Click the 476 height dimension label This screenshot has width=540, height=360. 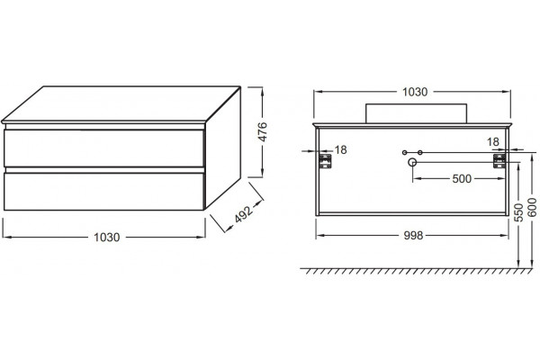click(x=263, y=132)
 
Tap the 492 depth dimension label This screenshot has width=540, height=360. click(x=244, y=214)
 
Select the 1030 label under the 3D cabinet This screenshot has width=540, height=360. click(x=107, y=238)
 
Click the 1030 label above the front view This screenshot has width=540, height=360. click(x=415, y=92)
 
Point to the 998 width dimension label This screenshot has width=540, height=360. click(x=413, y=236)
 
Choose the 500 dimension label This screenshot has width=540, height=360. click(x=462, y=179)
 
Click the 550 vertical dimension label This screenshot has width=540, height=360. click(x=518, y=212)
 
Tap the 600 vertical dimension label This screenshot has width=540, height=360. click(x=533, y=207)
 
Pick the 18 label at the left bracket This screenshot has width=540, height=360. click(x=340, y=150)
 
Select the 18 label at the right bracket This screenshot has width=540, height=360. click(x=493, y=141)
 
